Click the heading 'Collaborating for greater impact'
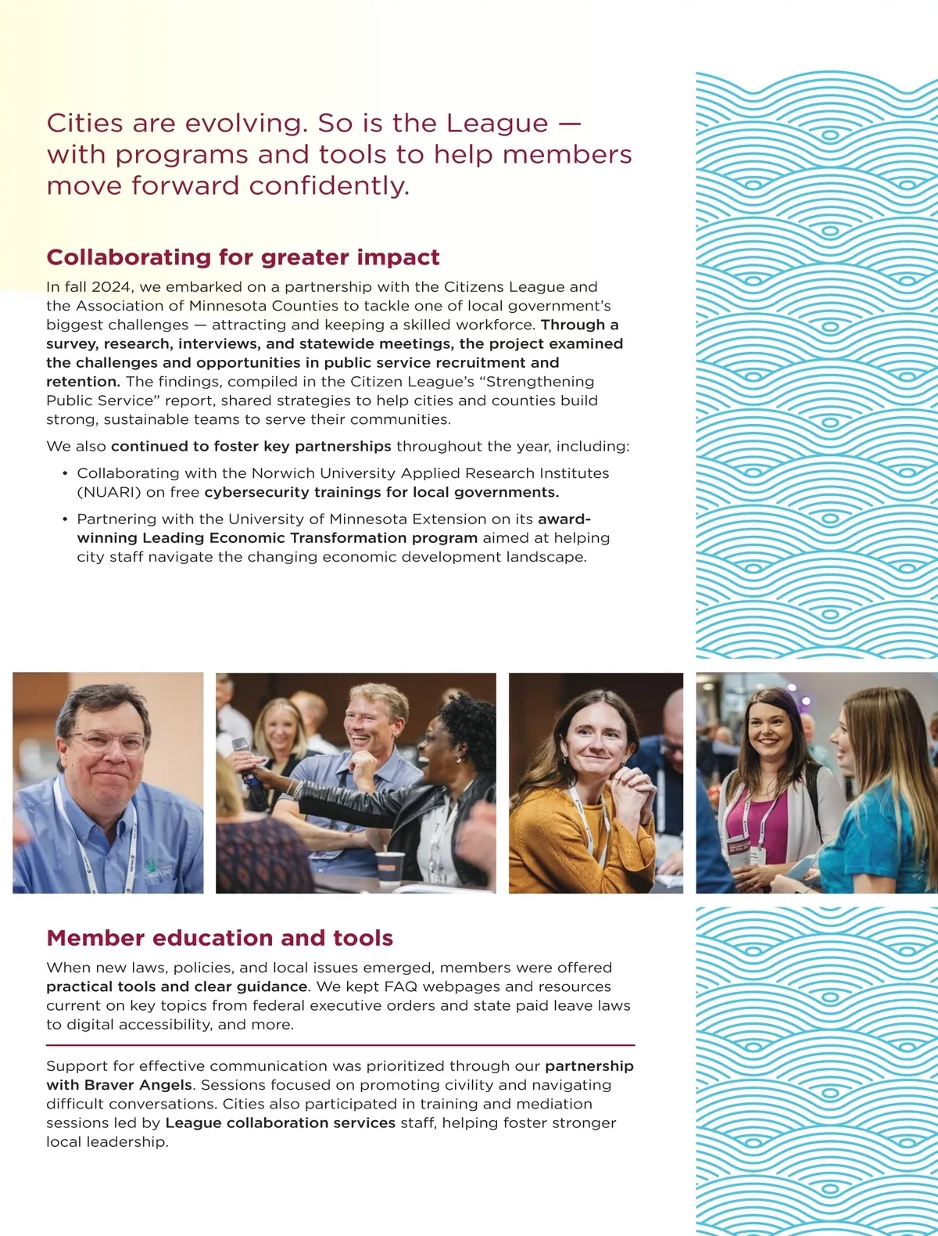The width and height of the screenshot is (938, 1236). pyautogui.click(x=242, y=257)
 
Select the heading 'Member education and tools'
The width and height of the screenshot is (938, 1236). pyautogui.click(x=220, y=938)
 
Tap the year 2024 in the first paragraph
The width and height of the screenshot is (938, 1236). pyautogui.click(x=110, y=287)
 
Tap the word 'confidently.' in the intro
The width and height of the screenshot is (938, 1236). pyautogui.click(x=329, y=186)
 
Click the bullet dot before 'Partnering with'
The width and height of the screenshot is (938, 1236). pyautogui.click(x=64, y=519)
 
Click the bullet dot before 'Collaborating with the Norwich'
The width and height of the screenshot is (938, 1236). pyautogui.click(x=64, y=474)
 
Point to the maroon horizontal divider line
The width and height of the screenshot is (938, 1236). pyautogui.click(x=340, y=1045)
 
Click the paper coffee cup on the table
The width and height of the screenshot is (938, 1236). pyautogui.click(x=390, y=867)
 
